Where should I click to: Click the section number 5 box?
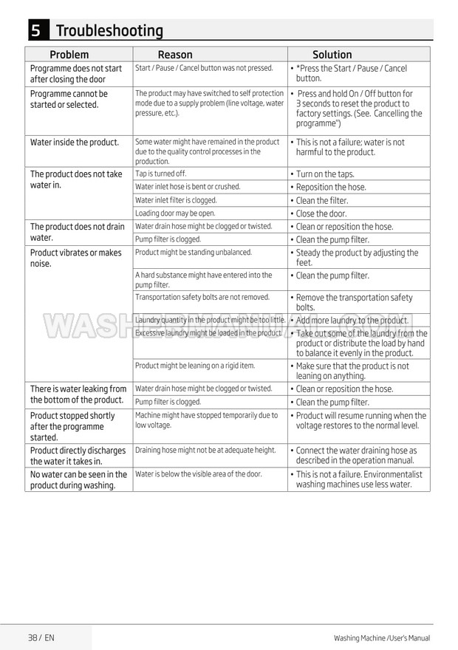[36, 30]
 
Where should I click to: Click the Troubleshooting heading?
[109, 31]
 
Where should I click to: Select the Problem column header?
[69, 55]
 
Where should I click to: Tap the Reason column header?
[175, 55]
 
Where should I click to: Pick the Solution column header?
[332, 55]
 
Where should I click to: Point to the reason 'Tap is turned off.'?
[160, 174]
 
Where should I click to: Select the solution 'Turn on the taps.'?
[325, 174]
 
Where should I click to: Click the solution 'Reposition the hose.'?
[330, 188]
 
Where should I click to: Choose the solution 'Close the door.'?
[321, 213]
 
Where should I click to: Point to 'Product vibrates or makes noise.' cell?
[75, 258]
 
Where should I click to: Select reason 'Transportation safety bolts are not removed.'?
[202, 297]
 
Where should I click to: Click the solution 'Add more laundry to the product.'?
[352, 321]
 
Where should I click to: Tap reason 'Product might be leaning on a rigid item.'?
[194, 366]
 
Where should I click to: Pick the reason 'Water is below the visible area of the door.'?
[198, 473]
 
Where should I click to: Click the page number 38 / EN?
[41, 637]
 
